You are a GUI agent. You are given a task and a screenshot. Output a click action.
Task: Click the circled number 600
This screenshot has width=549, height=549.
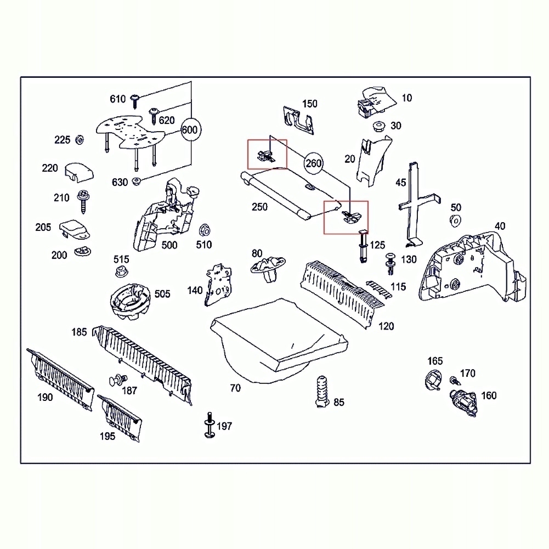tap(189, 131)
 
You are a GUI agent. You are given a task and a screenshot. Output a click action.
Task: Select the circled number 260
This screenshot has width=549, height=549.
tap(313, 163)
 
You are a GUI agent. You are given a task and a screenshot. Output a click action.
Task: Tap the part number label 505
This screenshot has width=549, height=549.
tap(162, 294)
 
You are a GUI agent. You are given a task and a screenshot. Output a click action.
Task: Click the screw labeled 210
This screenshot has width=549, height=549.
tap(84, 200)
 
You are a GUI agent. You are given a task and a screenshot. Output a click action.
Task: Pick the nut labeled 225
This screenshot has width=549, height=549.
tap(79, 140)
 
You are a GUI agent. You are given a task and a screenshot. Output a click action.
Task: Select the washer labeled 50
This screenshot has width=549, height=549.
tap(455, 220)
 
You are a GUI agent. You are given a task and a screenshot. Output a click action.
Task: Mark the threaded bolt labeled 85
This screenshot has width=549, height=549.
tap(321, 391)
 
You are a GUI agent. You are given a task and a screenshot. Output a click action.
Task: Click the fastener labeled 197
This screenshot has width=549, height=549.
tap(209, 426)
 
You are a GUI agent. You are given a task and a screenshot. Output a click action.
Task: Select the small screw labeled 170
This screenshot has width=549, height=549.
tap(454, 380)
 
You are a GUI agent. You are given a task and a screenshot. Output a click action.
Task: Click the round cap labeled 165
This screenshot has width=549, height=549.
tap(433, 379)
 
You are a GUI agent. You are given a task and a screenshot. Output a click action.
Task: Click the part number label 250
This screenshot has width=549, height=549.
tap(259, 207)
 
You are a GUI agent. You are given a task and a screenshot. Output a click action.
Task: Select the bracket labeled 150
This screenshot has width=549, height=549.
tap(299, 118)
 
